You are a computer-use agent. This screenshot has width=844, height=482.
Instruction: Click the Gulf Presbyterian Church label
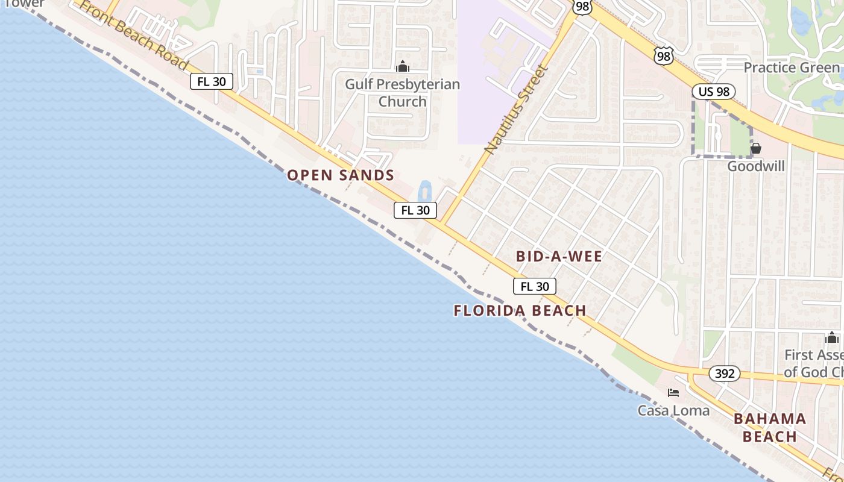402,93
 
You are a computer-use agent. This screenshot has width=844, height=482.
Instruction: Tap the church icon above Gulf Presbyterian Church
403,66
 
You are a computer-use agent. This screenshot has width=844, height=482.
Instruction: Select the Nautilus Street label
517,108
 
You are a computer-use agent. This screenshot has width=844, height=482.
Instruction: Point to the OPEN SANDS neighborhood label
341,175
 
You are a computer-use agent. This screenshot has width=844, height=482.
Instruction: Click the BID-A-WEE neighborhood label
559,257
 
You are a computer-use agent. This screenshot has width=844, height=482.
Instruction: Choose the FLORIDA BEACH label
520,311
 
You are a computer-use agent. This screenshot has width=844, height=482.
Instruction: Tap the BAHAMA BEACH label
770,427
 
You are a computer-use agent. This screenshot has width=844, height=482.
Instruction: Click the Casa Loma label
673,410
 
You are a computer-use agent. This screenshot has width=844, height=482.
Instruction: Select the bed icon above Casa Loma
673,393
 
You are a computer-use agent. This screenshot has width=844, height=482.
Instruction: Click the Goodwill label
756,166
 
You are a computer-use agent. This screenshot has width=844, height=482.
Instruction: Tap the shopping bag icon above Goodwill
756,148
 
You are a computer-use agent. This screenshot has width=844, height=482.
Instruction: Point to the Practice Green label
792,67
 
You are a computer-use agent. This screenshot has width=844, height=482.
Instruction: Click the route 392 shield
724,374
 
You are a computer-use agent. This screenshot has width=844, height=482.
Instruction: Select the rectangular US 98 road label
713,92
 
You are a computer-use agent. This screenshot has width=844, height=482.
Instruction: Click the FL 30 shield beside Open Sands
415,210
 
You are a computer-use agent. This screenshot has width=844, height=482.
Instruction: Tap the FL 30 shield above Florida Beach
535,286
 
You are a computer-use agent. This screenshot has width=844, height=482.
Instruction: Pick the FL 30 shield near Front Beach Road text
212,81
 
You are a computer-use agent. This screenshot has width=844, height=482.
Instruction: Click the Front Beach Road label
133,34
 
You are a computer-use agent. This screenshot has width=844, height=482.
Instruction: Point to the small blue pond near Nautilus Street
424,191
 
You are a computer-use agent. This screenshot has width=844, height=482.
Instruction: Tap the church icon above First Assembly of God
832,337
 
